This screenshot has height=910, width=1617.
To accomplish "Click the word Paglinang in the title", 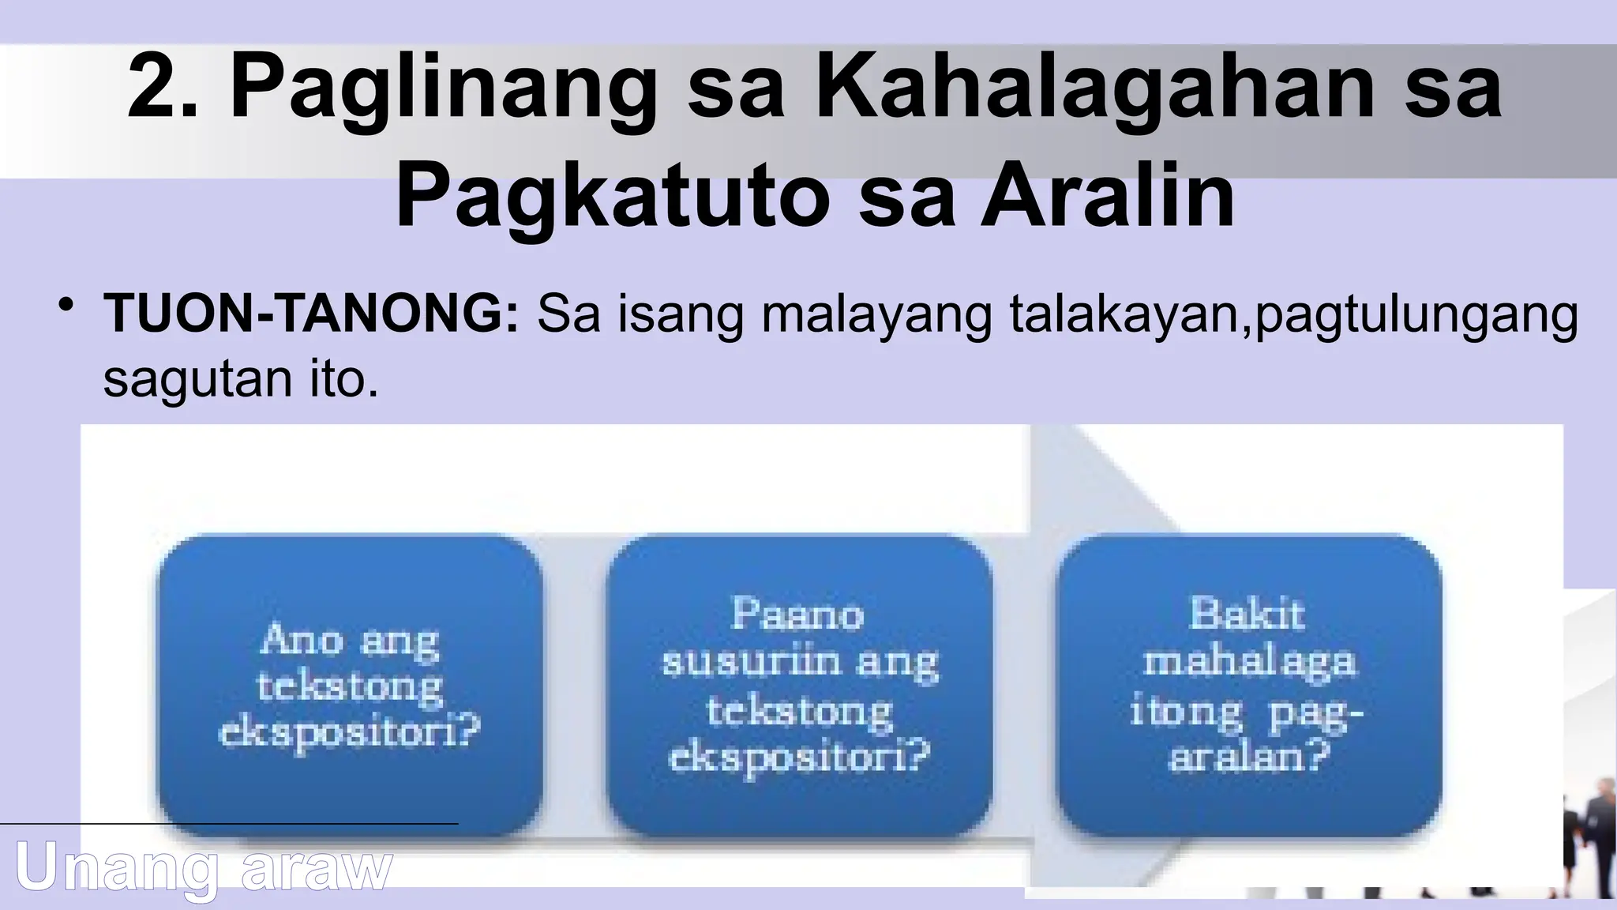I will click(443, 88).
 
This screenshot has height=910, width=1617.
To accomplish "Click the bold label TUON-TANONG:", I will click(311, 314).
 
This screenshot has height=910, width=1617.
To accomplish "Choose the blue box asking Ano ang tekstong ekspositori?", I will click(350, 684).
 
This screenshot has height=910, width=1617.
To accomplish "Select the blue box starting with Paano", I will click(799, 684).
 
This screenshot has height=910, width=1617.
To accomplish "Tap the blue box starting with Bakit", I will click(1248, 684).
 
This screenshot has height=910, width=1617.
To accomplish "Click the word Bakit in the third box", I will click(1247, 614).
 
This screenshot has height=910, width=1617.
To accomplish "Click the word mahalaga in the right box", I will click(1249, 661).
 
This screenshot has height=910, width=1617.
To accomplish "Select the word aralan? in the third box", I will click(1249, 758).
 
